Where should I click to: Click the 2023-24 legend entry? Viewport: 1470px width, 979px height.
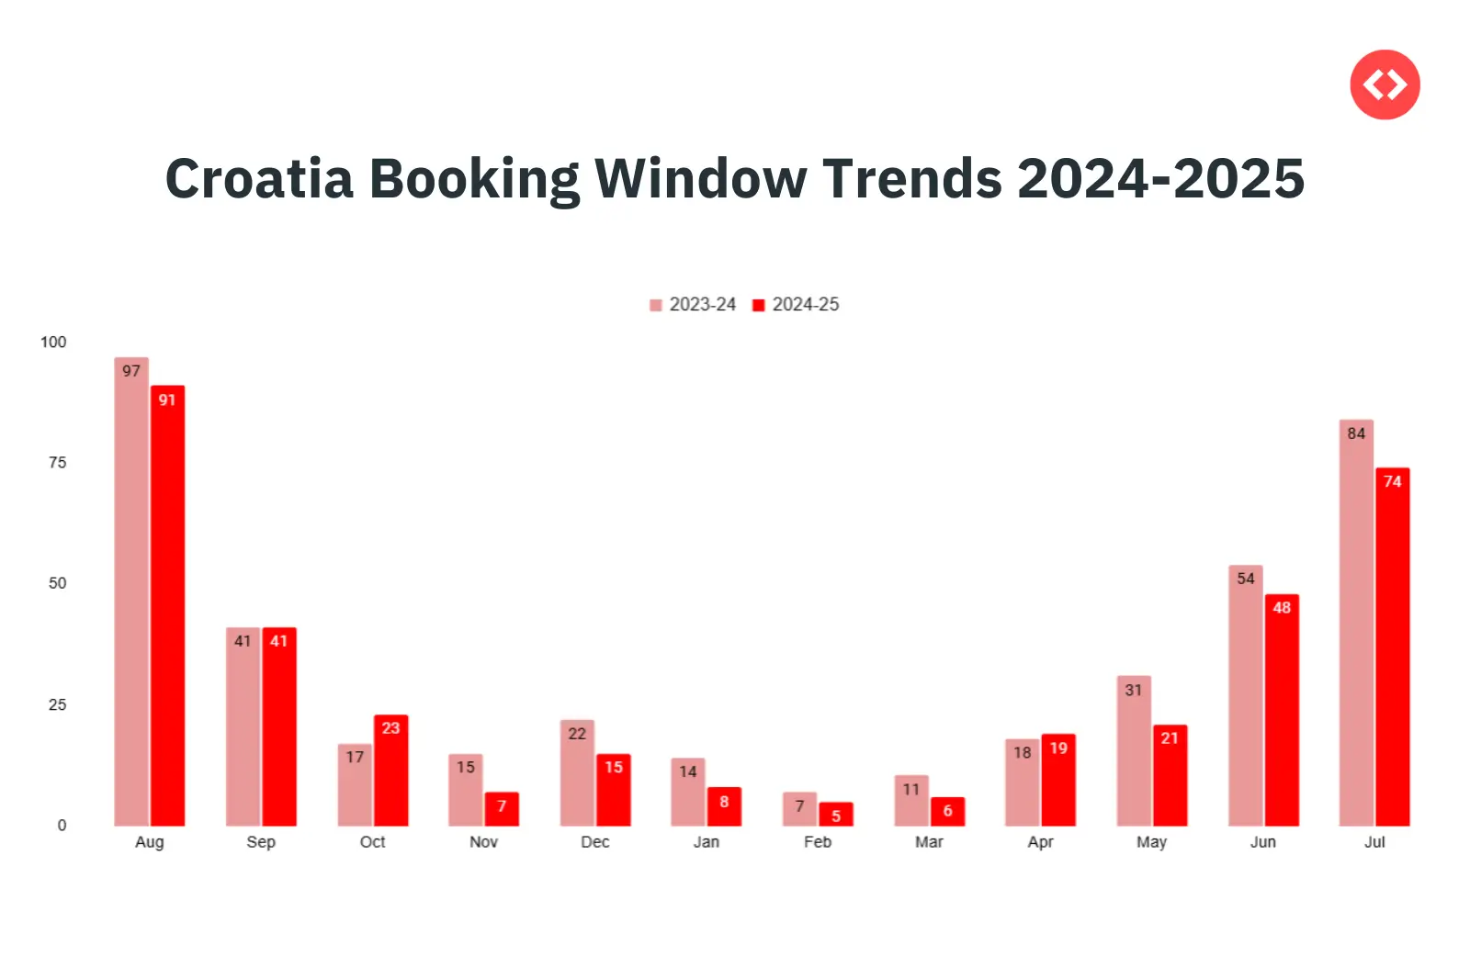[694, 305]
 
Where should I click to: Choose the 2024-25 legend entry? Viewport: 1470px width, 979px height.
[797, 305]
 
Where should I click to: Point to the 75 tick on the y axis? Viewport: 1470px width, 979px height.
[57, 463]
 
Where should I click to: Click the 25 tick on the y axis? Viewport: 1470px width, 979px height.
[57, 704]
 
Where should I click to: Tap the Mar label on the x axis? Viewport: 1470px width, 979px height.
[929, 842]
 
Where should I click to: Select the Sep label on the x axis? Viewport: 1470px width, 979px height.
[261, 842]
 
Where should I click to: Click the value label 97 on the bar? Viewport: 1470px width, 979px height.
[131, 371]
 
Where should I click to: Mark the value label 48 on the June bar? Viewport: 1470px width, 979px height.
[1282, 608]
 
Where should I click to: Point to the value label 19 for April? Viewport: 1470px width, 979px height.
[1058, 748]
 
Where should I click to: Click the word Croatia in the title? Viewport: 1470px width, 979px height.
[259, 178]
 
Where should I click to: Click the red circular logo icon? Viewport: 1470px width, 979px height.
[1385, 85]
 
